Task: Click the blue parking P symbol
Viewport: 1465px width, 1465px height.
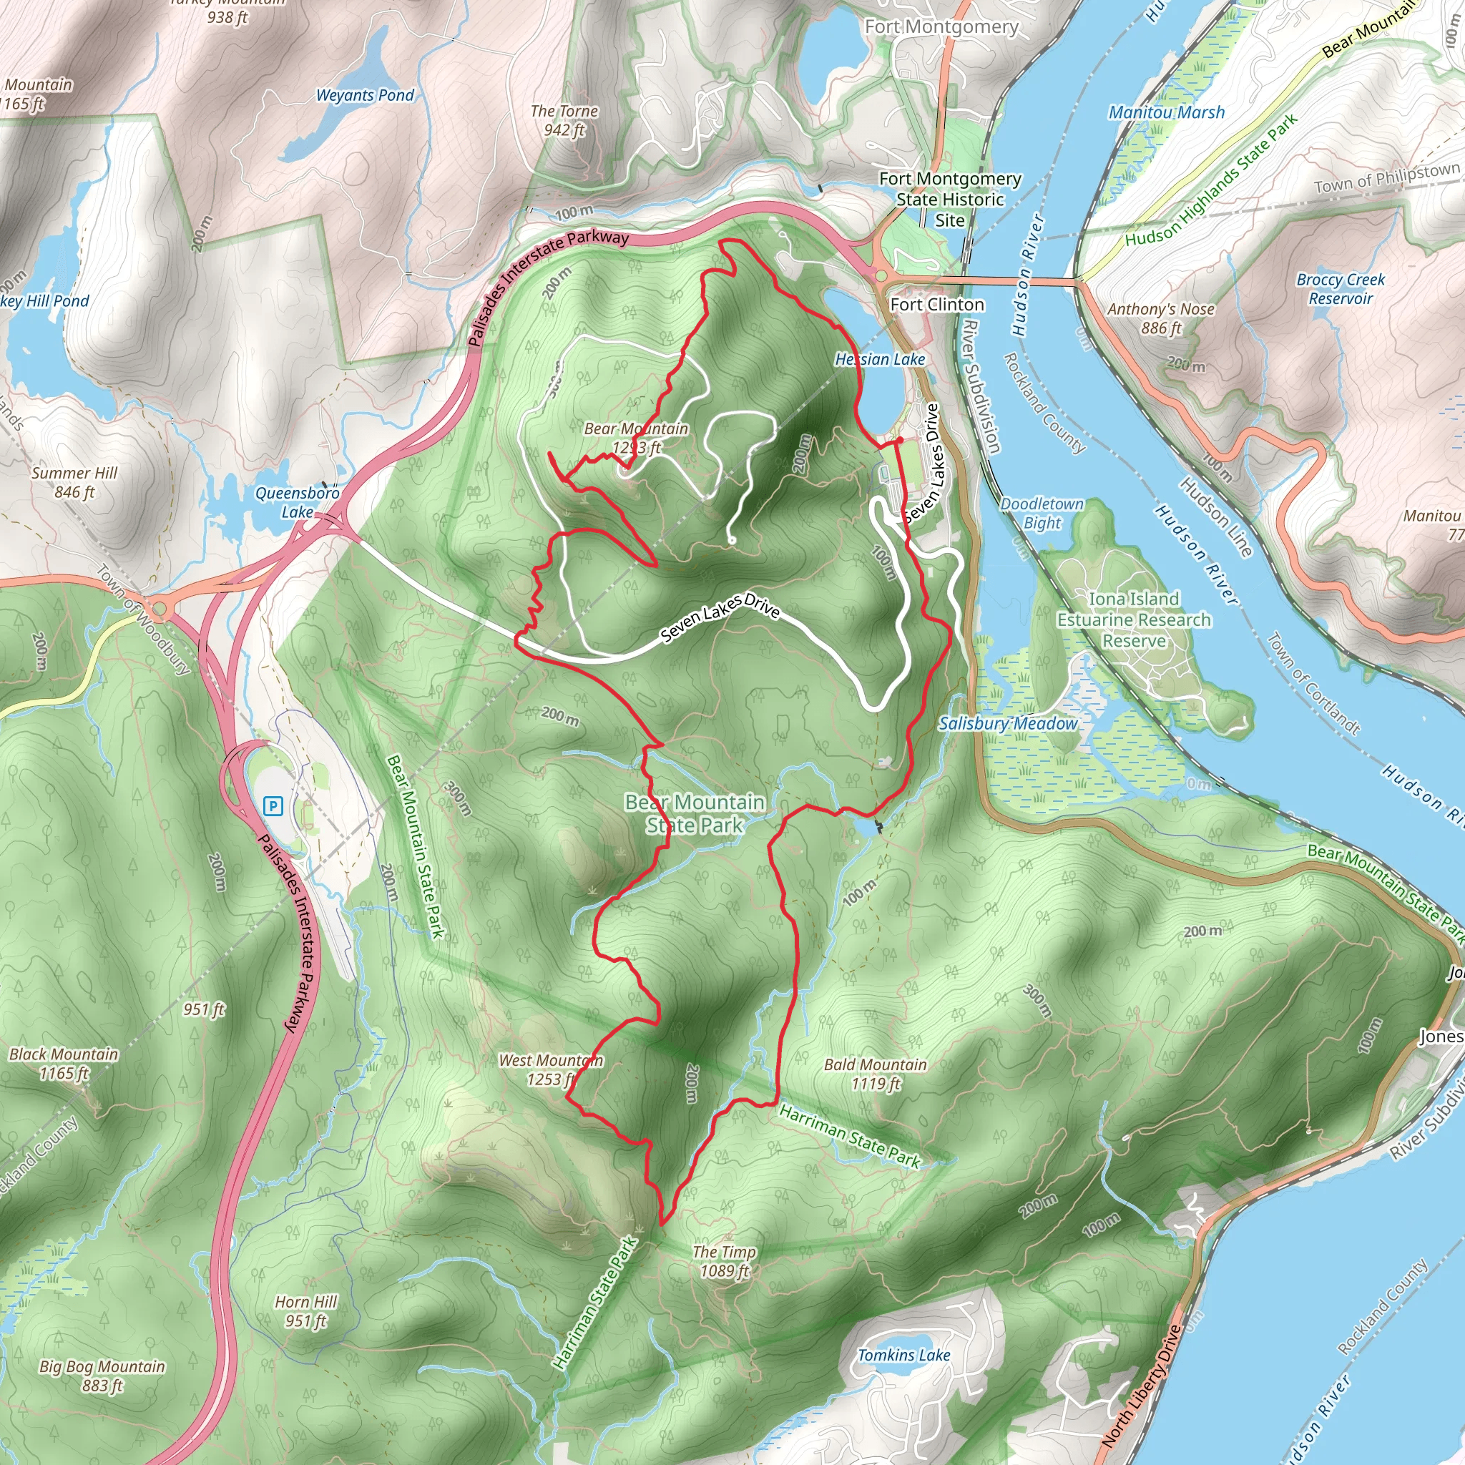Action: [273, 805]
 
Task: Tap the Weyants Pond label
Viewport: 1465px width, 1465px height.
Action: [365, 96]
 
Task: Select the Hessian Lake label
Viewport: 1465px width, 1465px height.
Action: [880, 359]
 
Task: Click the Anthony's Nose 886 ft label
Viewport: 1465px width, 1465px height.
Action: [1160, 318]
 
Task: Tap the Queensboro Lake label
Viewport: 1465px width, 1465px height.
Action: [298, 503]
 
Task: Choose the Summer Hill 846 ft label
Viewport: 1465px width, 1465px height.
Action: [74, 482]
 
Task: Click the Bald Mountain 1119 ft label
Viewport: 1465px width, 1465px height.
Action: [875, 1074]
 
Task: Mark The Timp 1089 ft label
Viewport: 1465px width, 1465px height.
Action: [724, 1261]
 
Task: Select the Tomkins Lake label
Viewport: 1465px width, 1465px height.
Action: [904, 1355]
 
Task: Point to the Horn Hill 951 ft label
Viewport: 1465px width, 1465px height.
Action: [305, 1311]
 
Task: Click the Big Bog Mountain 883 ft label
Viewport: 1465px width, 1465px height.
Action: [102, 1376]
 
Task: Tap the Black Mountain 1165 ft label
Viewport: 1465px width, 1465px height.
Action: [64, 1063]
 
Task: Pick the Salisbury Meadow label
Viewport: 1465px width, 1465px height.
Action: [1008, 723]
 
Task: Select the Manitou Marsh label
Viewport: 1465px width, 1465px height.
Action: [1166, 113]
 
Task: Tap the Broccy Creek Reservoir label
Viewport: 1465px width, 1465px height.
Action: [1340, 289]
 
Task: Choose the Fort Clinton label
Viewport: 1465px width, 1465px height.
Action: [937, 305]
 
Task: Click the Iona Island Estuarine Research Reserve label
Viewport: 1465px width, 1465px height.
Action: [1134, 620]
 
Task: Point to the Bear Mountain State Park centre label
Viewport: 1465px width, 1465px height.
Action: [695, 813]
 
